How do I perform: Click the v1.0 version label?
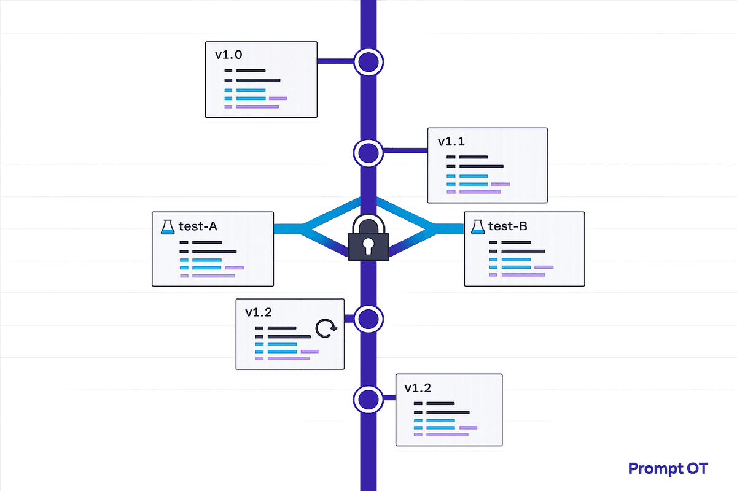pos(228,55)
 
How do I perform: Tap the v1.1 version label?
pos(451,142)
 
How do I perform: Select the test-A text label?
pos(198,226)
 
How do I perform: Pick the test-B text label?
pos(507,226)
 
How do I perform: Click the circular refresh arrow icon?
pos(326,329)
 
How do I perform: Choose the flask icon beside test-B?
pos(477,226)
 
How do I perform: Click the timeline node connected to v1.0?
pos(368,61)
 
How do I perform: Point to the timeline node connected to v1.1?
pos(368,152)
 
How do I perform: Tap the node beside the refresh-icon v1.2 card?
pos(368,319)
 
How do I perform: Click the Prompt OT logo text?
pos(668,469)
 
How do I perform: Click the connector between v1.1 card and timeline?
pos(405,149)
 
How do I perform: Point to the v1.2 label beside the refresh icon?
pos(259,312)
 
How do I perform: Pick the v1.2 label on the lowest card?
pos(418,387)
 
